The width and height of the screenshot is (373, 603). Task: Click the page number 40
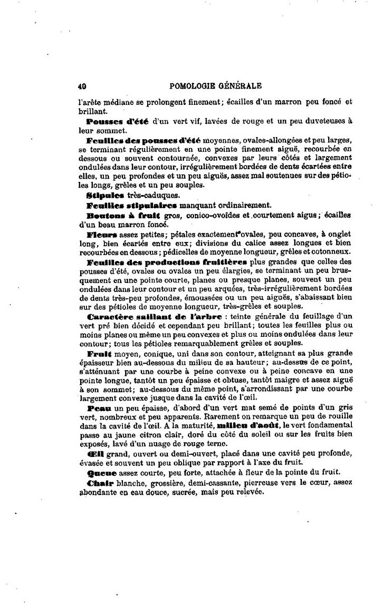(x=81, y=85)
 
